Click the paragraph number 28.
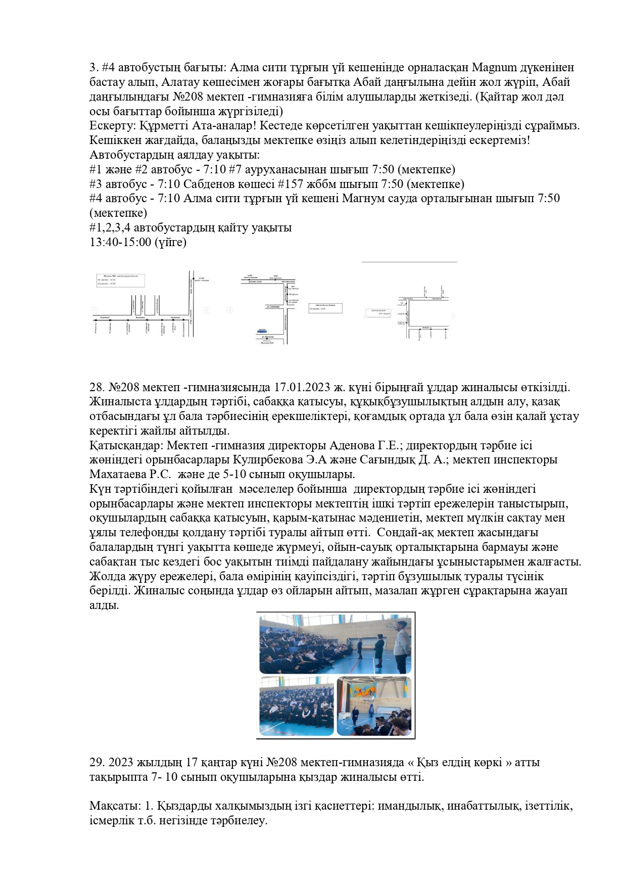(97, 388)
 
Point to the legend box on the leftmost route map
(121, 281)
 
